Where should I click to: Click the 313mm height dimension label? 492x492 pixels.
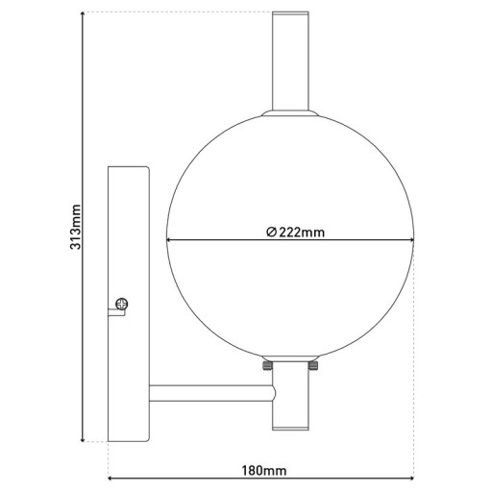click(76, 228)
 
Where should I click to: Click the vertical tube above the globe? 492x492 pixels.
click(290, 61)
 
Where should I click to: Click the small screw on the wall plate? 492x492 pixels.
click(120, 304)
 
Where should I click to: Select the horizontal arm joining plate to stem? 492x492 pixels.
click(209, 394)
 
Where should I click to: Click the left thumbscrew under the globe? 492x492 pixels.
click(266, 366)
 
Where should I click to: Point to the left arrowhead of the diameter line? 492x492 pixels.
click(171, 239)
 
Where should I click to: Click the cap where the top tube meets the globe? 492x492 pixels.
click(290, 114)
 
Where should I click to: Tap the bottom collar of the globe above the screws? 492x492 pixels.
click(290, 357)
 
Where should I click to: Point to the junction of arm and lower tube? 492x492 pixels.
click(275, 394)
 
